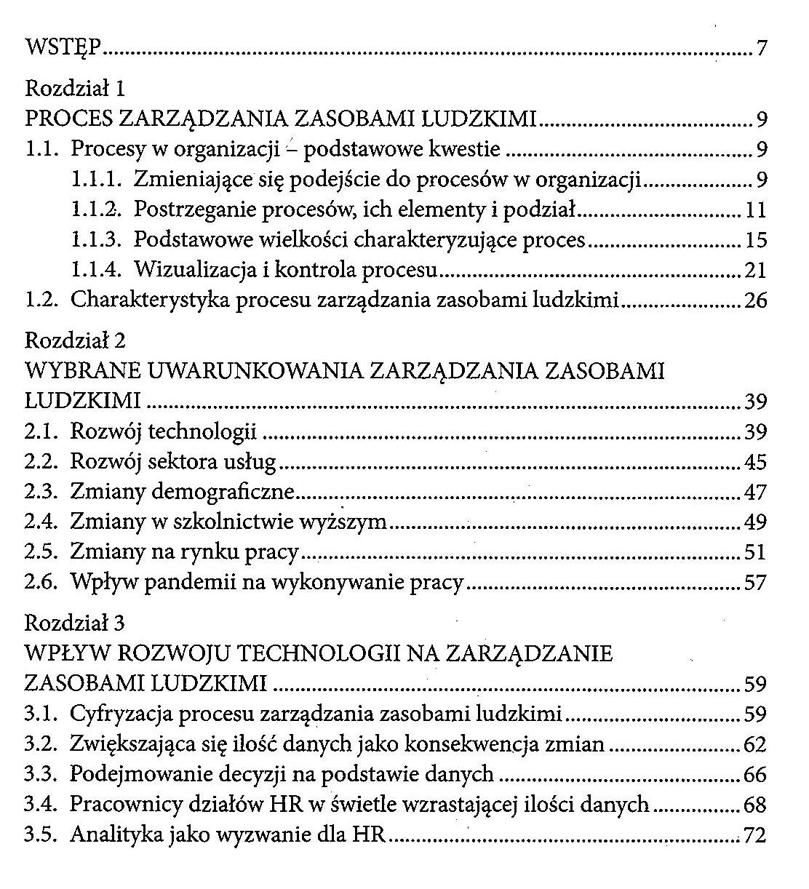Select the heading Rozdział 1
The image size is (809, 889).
pyautogui.click(x=75, y=89)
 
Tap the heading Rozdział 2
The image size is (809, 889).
pyautogui.click(x=76, y=340)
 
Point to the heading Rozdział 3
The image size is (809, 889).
pyautogui.click(x=75, y=623)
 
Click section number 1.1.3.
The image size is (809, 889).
pyautogui.click(x=97, y=240)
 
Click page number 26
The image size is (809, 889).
pyautogui.click(x=755, y=300)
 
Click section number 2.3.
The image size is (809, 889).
pyautogui.click(x=41, y=493)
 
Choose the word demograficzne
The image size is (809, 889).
pyautogui.click(x=222, y=493)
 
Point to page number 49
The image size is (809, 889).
pyautogui.click(x=755, y=522)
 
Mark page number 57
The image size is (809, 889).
pyautogui.click(x=755, y=583)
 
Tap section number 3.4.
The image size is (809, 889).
pyautogui.click(x=41, y=805)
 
